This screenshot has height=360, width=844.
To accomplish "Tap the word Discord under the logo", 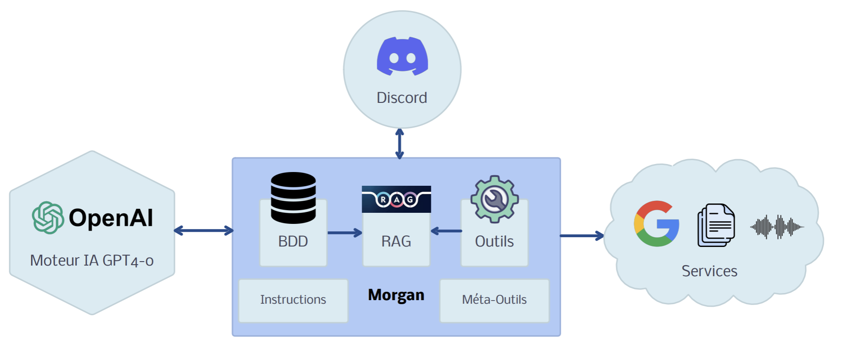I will (402, 98).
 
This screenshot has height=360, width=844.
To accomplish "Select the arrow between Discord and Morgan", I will (399, 144).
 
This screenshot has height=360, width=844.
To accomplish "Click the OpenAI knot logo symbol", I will (48, 217).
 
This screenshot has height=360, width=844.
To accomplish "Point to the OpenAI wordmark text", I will (111, 218).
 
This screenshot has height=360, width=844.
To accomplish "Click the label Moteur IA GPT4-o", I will (92, 260).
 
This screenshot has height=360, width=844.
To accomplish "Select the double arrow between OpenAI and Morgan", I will (203, 231).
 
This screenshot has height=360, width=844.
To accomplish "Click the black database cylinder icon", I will (293, 198).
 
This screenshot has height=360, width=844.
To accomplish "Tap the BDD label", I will (293, 242).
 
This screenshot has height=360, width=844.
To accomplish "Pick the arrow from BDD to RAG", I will (345, 232).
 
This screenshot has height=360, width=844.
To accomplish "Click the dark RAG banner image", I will (396, 199).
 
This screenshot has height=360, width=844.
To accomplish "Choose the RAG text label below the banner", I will (396, 242).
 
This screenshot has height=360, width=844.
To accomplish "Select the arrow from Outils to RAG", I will (446, 231).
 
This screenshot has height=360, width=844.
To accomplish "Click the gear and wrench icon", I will (495, 199).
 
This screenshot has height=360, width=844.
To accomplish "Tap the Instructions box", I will (293, 300).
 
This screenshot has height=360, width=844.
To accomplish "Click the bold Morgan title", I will (396, 295).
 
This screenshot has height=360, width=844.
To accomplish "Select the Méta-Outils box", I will (494, 300).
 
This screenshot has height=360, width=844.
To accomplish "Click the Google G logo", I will (656, 223).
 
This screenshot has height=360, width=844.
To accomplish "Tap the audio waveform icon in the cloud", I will (777, 227).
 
